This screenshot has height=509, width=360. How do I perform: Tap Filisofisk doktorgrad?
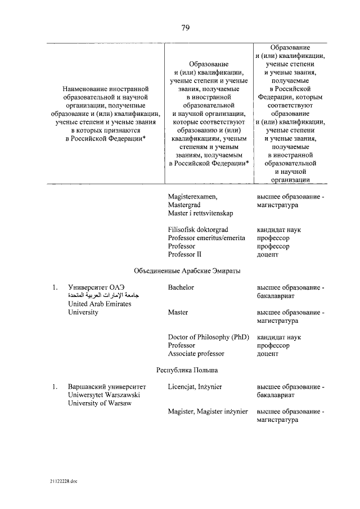[197, 230]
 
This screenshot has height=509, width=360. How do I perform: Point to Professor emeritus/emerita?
[206, 238]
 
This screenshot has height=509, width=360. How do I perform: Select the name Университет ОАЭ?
[95, 287]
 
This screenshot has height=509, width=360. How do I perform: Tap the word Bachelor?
[181, 287]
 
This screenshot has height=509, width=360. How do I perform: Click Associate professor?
[196, 354]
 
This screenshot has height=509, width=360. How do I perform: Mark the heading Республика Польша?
[187, 370]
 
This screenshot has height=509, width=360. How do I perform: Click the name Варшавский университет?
[106, 387]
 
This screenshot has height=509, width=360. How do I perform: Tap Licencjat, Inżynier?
[195, 387]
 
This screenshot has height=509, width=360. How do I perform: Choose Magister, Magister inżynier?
[208, 412]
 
